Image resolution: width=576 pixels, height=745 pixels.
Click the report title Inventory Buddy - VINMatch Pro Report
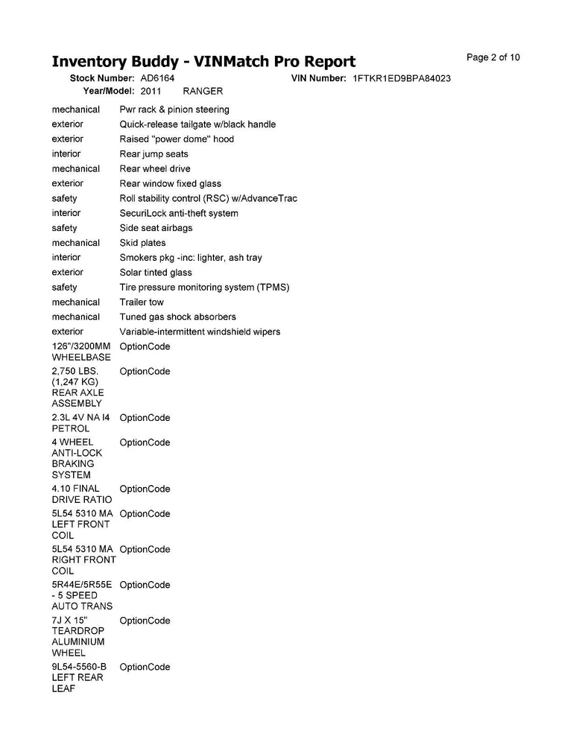click(x=203, y=61)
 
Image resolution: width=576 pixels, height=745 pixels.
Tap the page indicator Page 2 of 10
click(x=493, y=57)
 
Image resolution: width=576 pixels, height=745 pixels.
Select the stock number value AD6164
click(x=157, y=77)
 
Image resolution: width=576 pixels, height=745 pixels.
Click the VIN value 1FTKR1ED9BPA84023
click(x=402, y=78)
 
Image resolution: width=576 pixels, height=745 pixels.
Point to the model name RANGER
click(x=203, y=91)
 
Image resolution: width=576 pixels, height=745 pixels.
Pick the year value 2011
click(x=151, y=91)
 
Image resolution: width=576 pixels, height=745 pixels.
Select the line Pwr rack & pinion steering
click(x=174, y=110)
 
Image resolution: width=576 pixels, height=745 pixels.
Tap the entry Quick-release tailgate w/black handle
click(x=197, y=124)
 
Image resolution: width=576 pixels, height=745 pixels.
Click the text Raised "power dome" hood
click(x=177, y=139)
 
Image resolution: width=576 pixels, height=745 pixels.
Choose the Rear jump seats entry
click(x=154, y=154)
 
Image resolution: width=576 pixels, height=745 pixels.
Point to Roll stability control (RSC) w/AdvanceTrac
click(x=208, y=198)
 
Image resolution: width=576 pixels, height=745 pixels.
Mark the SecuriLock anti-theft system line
click(x=179, y=213)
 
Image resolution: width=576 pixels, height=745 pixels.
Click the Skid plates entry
click(x=142, y=243)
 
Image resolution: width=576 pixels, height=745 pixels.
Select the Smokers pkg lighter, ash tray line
click(x=191, y=258)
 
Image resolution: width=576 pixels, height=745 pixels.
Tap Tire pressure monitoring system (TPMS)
click(x=204, y=287)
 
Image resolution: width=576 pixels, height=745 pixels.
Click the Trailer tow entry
click(x=142, y=302)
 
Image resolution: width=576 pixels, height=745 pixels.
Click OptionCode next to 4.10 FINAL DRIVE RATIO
click(x=145, y=489)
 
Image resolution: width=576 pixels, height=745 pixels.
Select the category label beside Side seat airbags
click(x=64, y=228)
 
